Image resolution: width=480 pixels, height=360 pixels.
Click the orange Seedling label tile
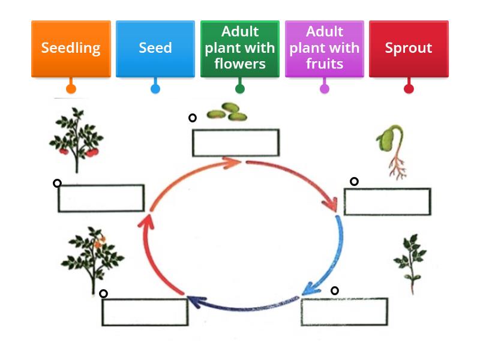71,49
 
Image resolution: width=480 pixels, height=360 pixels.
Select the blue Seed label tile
155,49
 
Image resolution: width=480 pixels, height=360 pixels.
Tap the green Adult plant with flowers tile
239,49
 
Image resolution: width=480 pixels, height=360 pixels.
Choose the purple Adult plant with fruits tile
324,49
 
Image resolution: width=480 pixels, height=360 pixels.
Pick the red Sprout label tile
409,49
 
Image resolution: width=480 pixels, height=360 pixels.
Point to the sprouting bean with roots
391,150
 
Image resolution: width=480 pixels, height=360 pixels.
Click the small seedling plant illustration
410,263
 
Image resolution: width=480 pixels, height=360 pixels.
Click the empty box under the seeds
235,143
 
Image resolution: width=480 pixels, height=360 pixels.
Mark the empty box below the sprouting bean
387,202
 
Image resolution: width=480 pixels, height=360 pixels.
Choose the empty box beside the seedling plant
344,311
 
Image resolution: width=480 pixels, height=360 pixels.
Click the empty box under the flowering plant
145,312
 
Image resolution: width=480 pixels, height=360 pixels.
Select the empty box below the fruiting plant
101,198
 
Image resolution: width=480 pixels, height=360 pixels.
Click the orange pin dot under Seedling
71,89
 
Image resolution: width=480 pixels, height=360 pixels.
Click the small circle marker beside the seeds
193,118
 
